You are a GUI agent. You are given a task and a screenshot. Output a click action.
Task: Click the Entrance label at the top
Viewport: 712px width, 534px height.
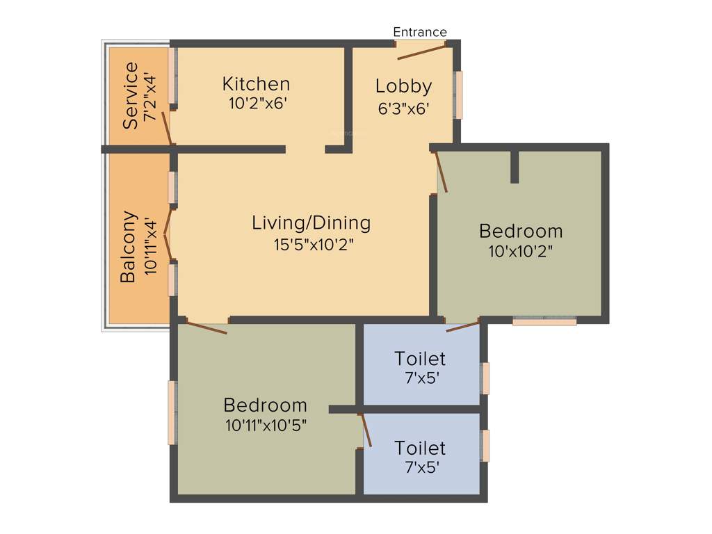pos(420,32)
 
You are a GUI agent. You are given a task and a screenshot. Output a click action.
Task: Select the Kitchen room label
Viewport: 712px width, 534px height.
pos(256,84)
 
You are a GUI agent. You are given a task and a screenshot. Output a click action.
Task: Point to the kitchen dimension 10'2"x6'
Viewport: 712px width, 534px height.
pos(256,103)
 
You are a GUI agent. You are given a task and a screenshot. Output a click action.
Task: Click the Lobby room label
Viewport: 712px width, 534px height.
pos(403,86)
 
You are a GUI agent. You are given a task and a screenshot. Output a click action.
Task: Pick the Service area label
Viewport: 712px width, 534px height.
pos(130,95)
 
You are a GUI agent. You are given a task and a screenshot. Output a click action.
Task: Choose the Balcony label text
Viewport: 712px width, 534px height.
pos(128,247)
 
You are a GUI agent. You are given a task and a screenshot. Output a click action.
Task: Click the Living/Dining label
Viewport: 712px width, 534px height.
pos(311,223)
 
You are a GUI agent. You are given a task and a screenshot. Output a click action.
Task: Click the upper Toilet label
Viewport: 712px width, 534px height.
pos(420,359)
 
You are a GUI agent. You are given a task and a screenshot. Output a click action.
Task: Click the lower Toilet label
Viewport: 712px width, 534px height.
pos(420,447)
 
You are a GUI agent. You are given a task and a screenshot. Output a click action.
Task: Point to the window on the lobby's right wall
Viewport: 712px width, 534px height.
pos(458,95)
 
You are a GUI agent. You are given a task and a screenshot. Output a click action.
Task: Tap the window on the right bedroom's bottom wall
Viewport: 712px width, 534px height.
pos(544,321)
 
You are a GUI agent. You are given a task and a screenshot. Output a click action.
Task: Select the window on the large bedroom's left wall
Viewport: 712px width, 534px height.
pos(172,412)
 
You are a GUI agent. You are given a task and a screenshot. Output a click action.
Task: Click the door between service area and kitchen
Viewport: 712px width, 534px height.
pos(166,127)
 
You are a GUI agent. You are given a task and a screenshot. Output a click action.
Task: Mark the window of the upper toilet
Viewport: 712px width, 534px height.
pos(485,378)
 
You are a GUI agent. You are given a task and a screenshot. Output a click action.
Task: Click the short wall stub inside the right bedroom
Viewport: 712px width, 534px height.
pos(515,167)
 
